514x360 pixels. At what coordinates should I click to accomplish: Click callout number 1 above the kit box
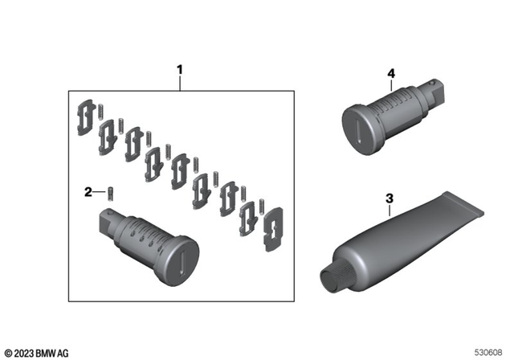coord(180,71)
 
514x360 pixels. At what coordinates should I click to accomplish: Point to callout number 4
coord(390,73)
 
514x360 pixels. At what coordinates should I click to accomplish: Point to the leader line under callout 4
coord(390,87)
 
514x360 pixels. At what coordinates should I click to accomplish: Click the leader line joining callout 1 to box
coord(180,84)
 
